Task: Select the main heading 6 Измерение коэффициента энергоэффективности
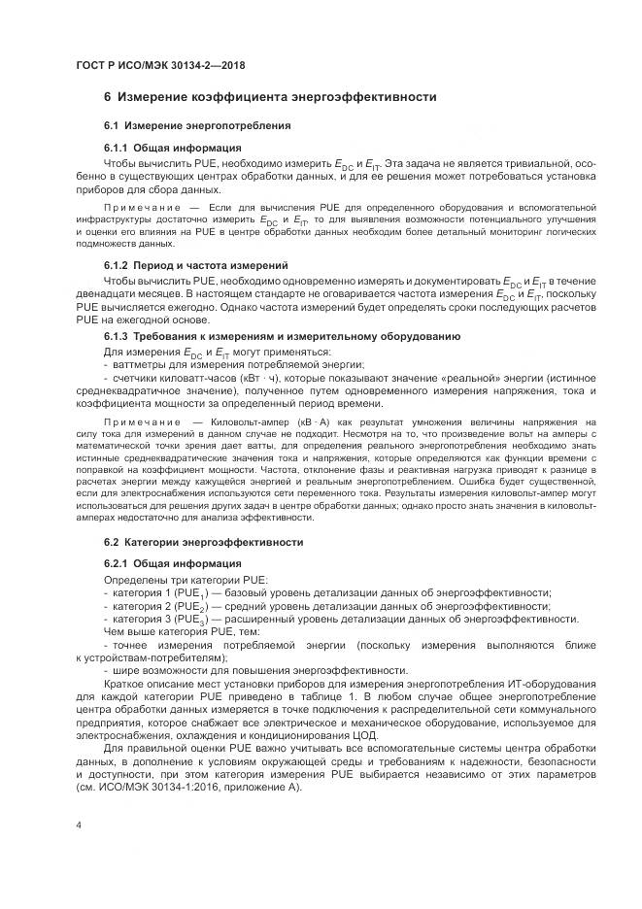[x=270, y=97]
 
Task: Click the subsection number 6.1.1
[x=118, y=148]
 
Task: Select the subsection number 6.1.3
[x=118, y=336]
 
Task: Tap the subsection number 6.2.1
[x=118, y=563]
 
